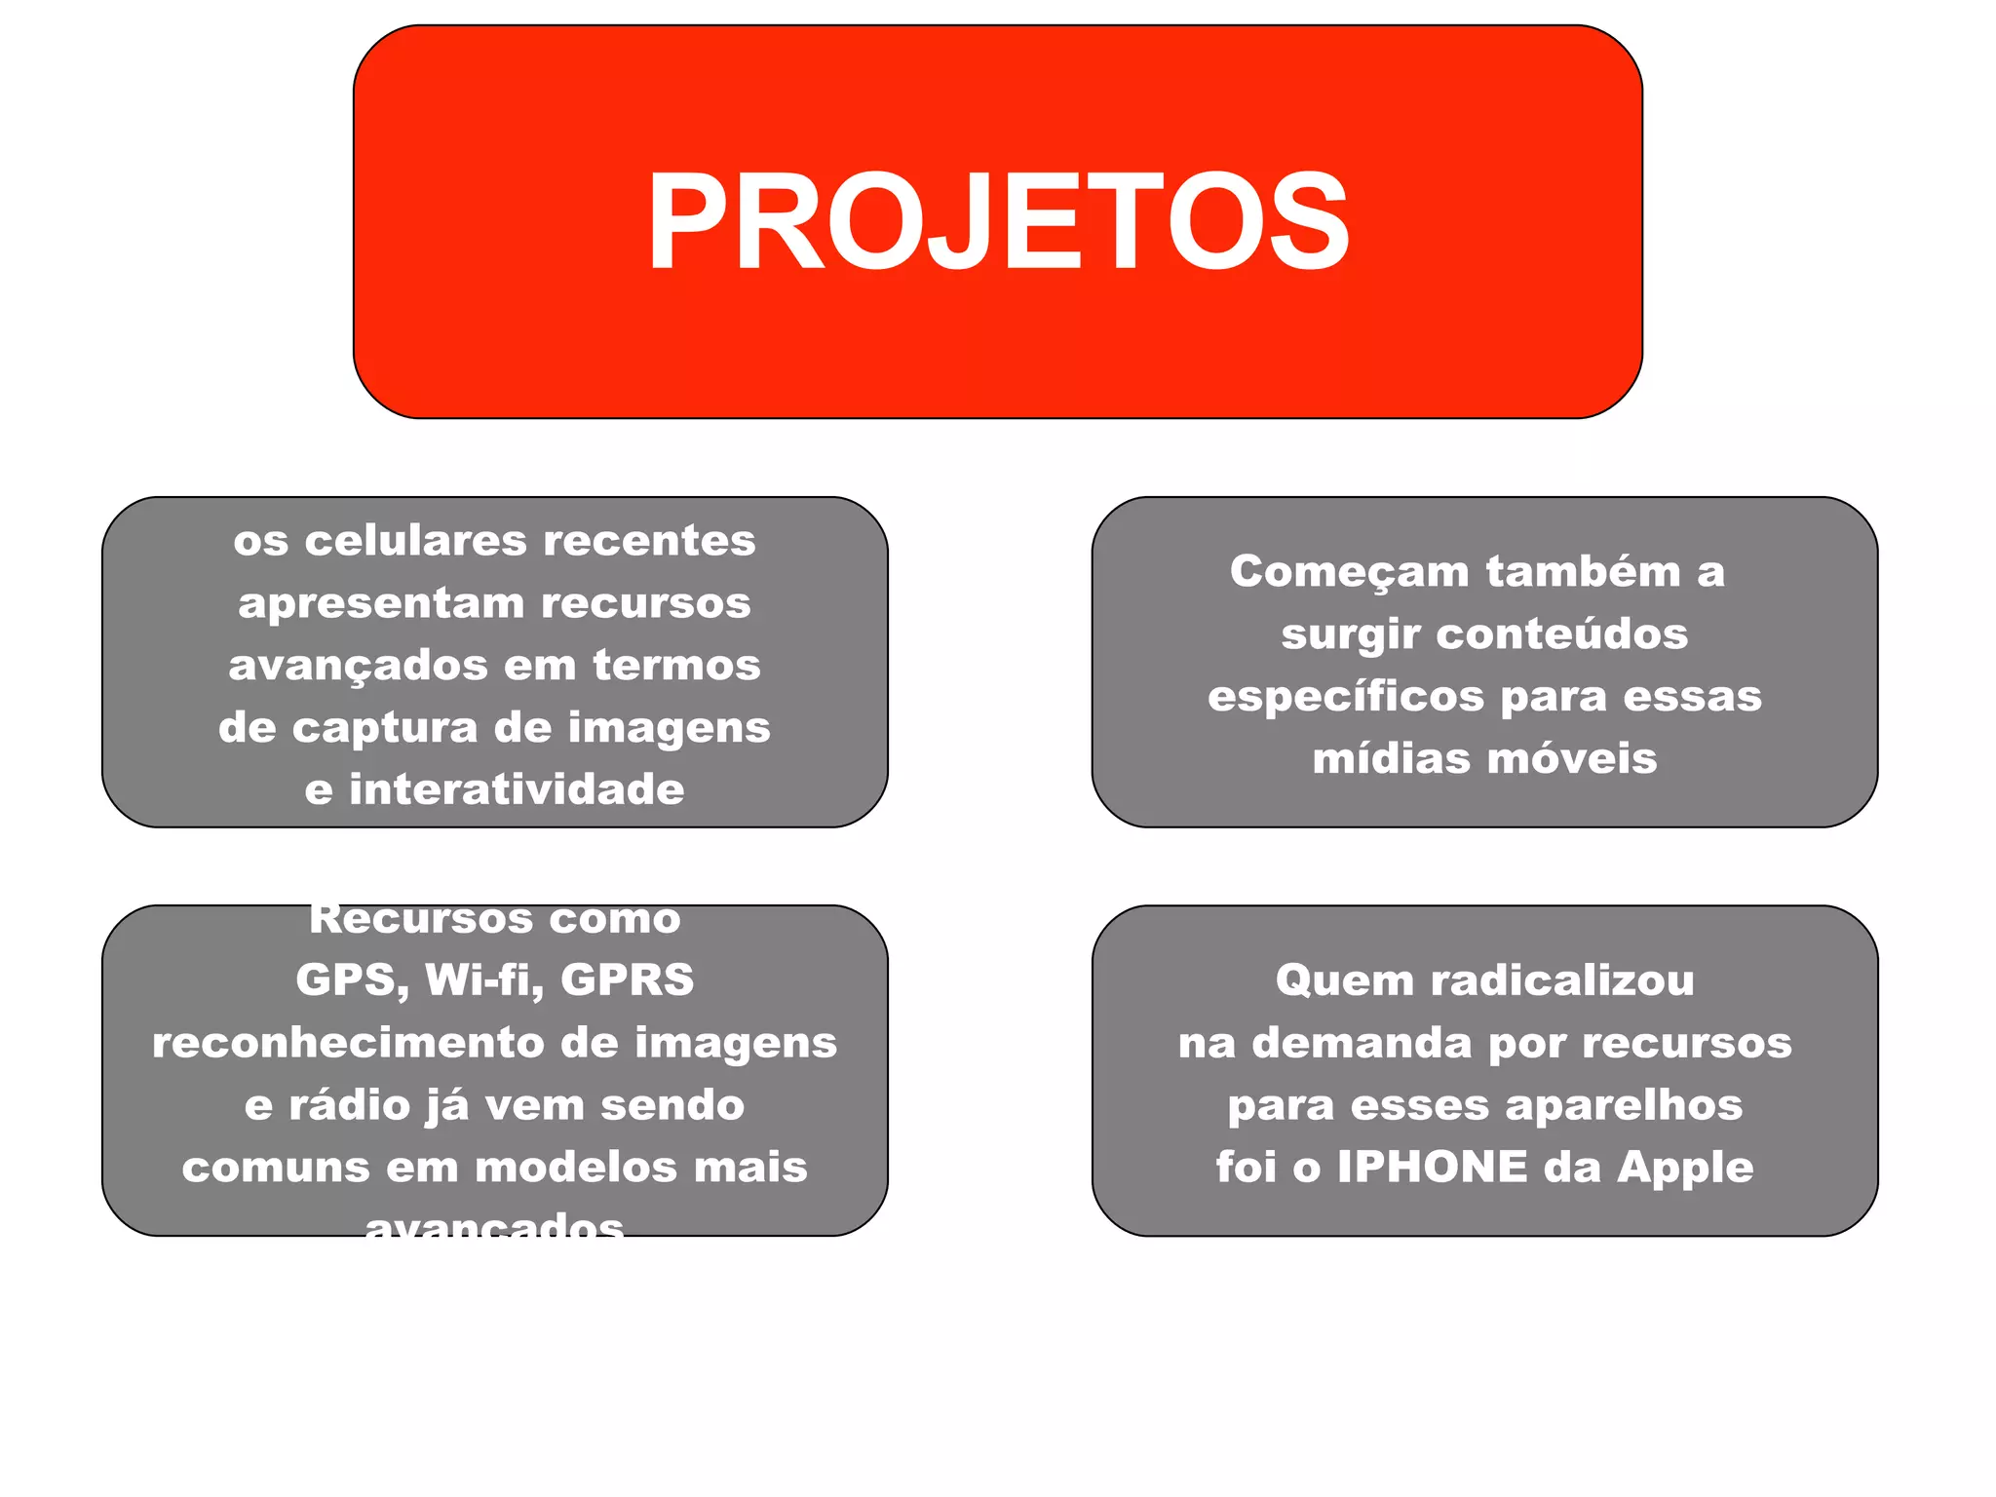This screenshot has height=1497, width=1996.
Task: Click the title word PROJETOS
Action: click(998, 221)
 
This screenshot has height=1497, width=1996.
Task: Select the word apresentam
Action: click(381, 603)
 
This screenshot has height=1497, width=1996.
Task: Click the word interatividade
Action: click(517, 789)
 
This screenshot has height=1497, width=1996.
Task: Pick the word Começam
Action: click(1349, 572)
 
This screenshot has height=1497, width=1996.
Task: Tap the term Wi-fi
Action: click(483, 980)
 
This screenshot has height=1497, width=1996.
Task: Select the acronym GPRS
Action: click(628, 980)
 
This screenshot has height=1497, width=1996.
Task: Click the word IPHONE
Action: click(1433, 1168)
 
